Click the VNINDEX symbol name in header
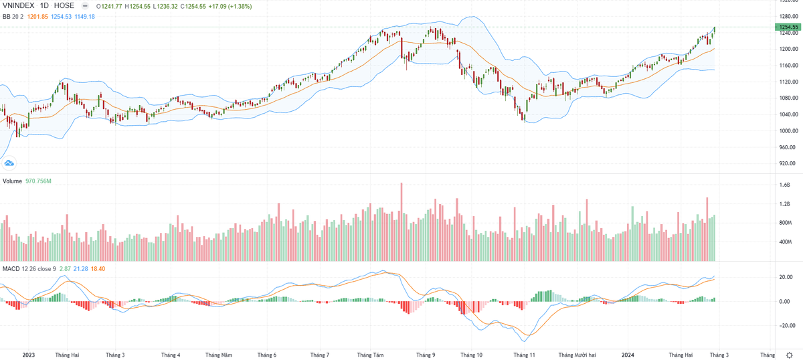[19, 5]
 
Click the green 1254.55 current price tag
[787, 27]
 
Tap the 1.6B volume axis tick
[784, 185]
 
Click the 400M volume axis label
[784, 242]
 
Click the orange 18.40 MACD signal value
[98, 268]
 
